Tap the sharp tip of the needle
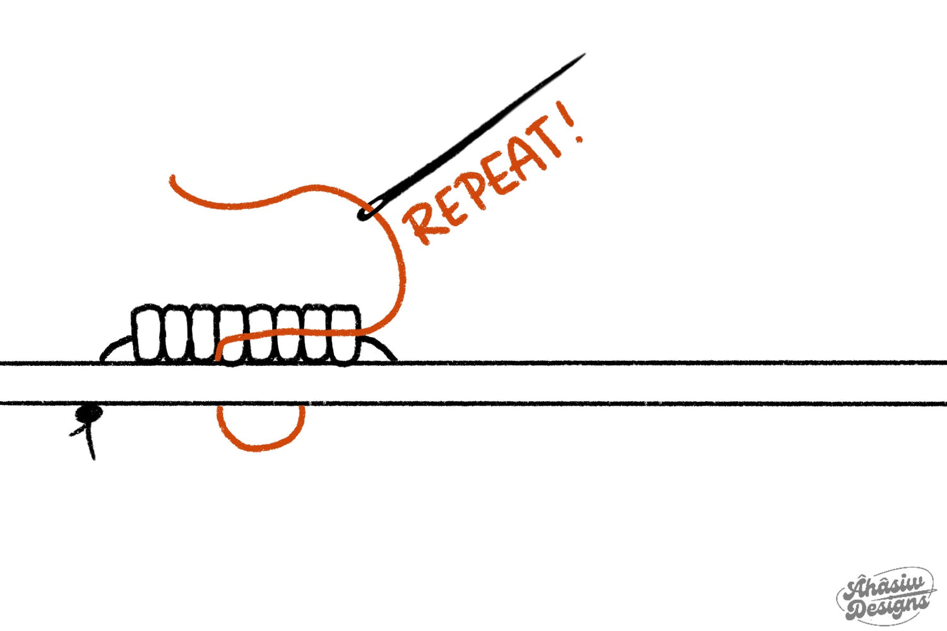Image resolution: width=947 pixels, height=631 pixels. tap(584, 55)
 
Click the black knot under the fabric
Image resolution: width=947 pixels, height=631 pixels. tap(89, 413)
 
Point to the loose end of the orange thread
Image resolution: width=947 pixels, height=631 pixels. tap(172, 180)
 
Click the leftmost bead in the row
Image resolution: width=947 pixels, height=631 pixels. tap(146, 334)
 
